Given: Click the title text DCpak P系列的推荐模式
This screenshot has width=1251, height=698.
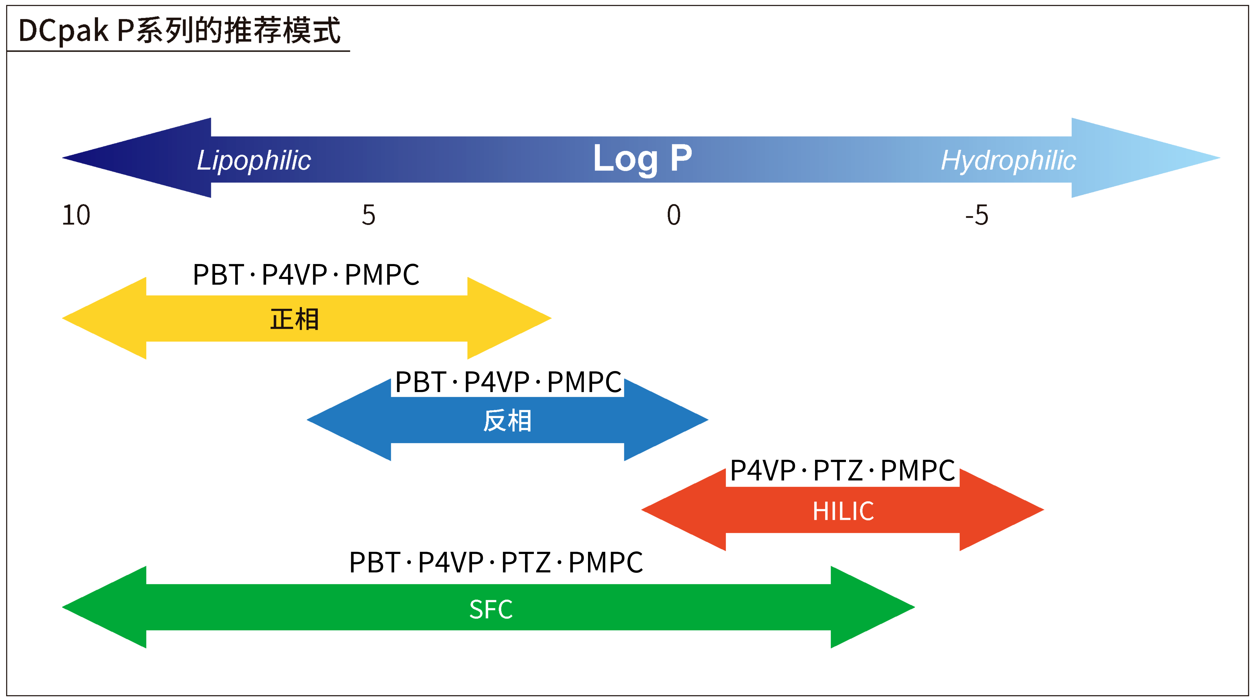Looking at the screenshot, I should (x=179, y=30).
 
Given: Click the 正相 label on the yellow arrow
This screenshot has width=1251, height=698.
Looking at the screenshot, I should (x=294, y=319).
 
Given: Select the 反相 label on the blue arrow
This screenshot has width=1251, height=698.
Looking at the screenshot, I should (x=507, y=421).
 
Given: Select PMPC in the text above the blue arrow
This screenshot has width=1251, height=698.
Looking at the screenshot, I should (x=584, y=382).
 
